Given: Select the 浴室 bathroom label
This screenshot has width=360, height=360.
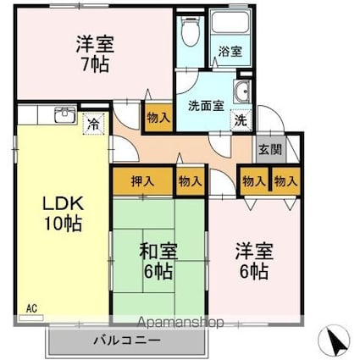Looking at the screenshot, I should coord(230,51).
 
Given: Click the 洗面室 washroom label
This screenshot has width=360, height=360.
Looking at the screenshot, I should coord(206,106).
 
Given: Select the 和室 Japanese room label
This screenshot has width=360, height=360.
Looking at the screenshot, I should coord(158,251).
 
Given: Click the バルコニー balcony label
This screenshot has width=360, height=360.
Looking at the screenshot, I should coord(126,341).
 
